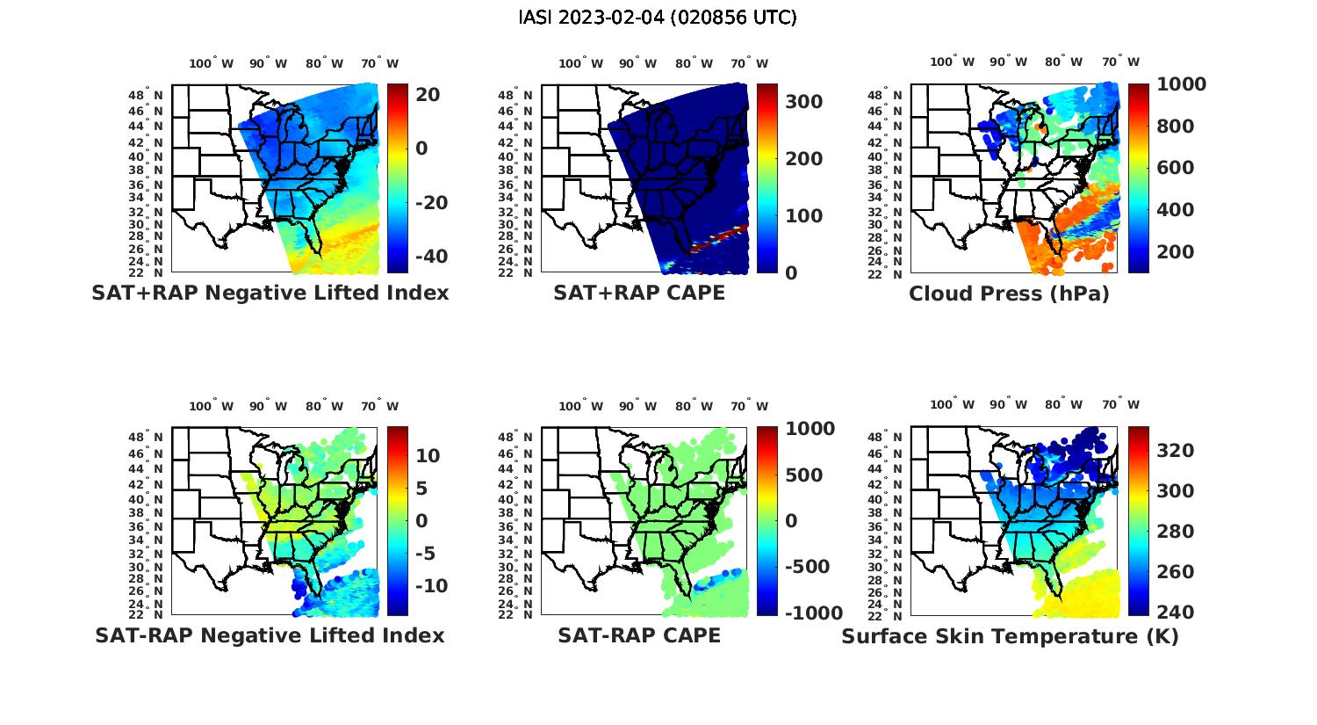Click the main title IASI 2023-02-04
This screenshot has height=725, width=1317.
click(x=658, y=18)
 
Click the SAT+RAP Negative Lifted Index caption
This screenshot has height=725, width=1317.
click(x=270, y=293)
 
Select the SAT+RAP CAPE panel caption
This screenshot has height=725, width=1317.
click(x=639, y=293)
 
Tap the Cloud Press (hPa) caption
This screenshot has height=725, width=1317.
click(x=1009, y=294)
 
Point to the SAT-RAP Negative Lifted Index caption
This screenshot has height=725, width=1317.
click(x=270, y=635)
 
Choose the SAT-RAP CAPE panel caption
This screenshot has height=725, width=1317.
click(x=639, y=635)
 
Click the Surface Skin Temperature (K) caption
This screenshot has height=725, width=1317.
click(x=1010, y=636)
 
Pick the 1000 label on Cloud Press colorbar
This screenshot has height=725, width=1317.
click(x=1181, y=84)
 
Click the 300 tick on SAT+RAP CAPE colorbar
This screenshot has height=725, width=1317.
click(x=803, y=102)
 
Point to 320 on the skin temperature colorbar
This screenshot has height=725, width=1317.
click(x=1175, y=451)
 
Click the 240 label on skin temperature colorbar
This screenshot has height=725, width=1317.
click(x=1175, y=613)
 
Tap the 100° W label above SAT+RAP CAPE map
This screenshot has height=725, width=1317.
click(x=580, y=63)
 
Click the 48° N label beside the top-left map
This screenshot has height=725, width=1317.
click(x=146, y=95)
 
